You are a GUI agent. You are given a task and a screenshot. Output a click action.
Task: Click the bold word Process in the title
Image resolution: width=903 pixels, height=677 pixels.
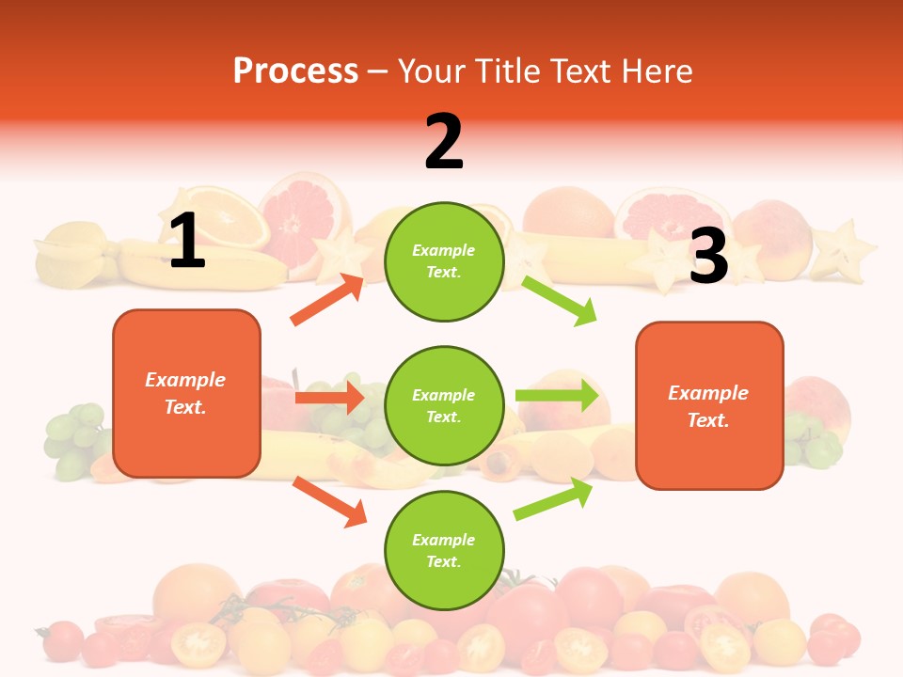295,71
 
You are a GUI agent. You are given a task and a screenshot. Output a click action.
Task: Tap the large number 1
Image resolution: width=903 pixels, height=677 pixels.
187,242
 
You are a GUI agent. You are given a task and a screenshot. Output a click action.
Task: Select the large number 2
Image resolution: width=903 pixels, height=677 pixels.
444,142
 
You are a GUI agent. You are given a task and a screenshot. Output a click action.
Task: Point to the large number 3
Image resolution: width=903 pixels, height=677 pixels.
708,257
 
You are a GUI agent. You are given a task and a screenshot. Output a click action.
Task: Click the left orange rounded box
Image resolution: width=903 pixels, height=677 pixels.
186,393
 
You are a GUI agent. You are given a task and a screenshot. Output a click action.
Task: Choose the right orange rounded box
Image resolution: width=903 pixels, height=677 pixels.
709,405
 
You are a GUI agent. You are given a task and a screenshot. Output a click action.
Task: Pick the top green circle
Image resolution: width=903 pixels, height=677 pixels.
444,261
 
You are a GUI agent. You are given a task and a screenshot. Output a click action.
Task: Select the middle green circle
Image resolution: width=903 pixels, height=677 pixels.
444,405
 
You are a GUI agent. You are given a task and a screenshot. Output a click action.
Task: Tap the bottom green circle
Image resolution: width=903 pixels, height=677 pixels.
444,550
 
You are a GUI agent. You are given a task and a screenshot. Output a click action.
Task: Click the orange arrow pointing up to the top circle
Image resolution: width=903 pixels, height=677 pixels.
327,300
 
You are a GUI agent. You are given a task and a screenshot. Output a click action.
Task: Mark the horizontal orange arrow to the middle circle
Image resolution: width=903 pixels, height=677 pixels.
329,398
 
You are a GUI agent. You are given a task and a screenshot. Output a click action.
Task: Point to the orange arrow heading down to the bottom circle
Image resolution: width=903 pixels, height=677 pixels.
329,501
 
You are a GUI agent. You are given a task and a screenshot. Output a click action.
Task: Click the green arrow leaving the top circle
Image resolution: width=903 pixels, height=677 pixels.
560,300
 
